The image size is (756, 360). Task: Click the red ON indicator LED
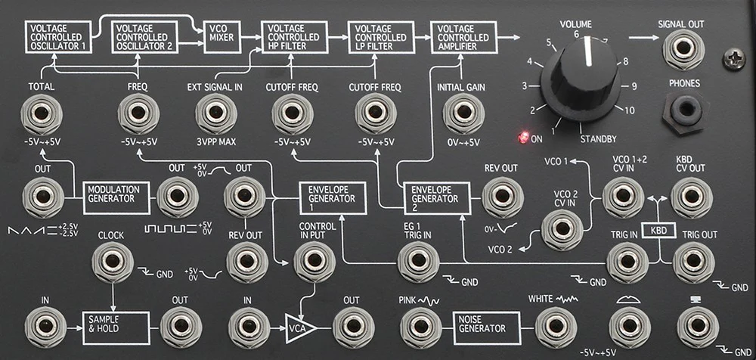[x=522, y=138]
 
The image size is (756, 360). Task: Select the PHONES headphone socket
[x=683, y=110]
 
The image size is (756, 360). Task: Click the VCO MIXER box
[x=222, y=37]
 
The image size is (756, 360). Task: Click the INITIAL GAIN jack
[x=463, y=113]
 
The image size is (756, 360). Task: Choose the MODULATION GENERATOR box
[x=116, y=197]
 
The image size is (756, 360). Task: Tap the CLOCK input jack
[x=113, y=262]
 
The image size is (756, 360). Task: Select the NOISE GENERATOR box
[x=487, y=328]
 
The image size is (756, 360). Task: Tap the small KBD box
[x=658, y=231]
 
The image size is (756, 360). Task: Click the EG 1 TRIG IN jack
[x=419, y=262]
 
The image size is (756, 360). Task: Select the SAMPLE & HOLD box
[x=116, y=328]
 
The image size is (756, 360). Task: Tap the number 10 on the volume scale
[x=629, y=110]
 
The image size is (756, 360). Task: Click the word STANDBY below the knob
[x=598, y=139]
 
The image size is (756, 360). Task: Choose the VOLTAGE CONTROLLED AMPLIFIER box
[x=463, y=37]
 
